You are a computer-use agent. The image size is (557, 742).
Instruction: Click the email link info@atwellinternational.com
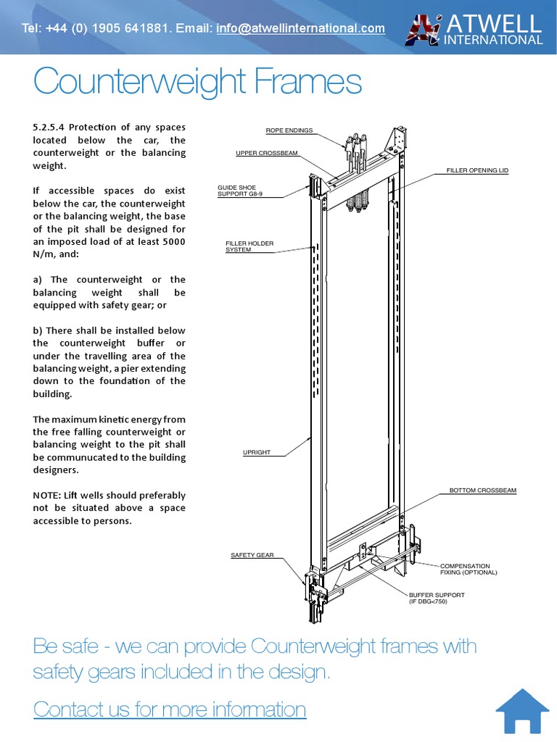[x=300, y=28]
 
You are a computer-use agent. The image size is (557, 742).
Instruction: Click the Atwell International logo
[x=474, y=29]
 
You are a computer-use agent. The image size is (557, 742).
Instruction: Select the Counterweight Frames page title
[x=197, y=81]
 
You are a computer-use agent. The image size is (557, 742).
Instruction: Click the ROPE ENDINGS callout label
[x=289, y=130]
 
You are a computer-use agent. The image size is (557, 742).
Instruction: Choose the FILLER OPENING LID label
[x=477, y=170]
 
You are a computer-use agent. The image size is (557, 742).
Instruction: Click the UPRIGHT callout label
[x=256, y=452]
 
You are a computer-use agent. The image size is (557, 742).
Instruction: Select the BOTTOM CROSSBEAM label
[x=482, y=491]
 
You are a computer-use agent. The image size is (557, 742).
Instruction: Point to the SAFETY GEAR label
[x=252, y=555]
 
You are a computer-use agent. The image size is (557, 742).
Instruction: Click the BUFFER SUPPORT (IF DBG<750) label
[x=437, y=598]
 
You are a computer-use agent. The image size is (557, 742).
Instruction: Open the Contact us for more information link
[x=170, y=709]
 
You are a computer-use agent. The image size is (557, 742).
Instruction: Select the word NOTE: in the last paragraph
[x=47, y=496]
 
